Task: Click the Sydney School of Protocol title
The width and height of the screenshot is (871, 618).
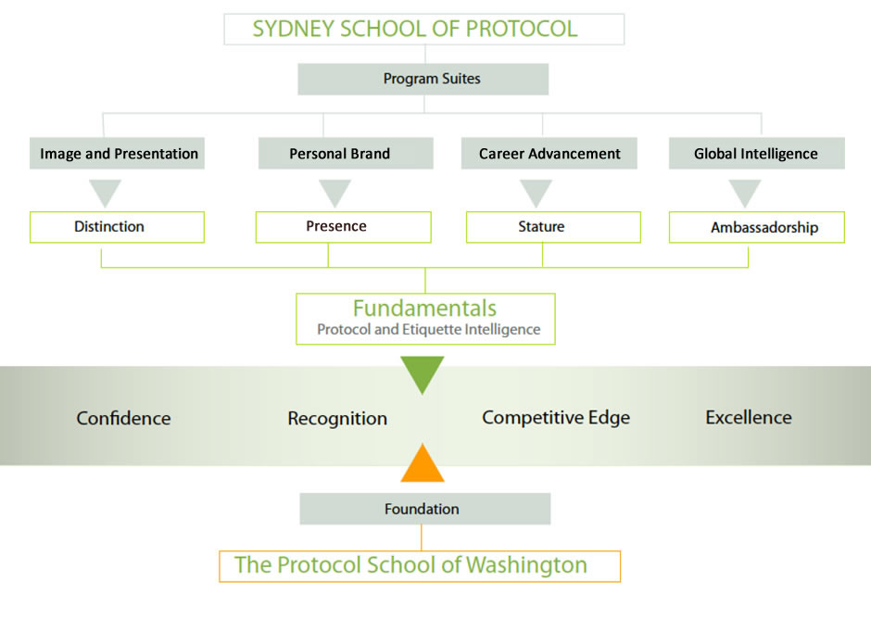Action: [x=415, y=29]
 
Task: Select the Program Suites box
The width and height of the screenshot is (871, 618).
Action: [x=423, y=79]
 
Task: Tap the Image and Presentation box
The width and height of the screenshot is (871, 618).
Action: [x=117, y=153]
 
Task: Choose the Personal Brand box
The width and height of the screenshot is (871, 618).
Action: [x=346, y=153]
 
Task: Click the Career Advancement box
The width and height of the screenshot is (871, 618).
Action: [x=549, y=153]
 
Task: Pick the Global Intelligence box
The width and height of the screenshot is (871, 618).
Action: [x=757, y=153]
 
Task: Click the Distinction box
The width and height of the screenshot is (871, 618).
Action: [x=117, y=227]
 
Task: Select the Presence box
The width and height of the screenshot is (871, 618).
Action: [x=343, y=227]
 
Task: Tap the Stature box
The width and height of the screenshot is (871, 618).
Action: [x=554, y=227]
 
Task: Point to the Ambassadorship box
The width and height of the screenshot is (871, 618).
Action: [x=757, y=227]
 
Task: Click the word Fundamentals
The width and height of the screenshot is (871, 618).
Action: [x=425, y=309]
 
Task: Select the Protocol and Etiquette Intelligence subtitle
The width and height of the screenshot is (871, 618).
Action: [x=429, y=329]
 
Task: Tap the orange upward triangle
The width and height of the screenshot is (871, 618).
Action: [x=423, y=465]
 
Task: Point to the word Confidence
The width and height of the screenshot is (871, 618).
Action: [x=123, y=418]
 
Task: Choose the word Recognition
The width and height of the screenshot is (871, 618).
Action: [x=337, y=419]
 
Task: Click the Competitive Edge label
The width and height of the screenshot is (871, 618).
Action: [x=556, y=418]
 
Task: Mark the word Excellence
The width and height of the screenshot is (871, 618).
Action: [x=749, y=418]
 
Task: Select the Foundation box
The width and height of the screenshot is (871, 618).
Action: [x=425, y=509]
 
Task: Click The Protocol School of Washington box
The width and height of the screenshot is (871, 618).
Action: [x=420, y=566]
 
